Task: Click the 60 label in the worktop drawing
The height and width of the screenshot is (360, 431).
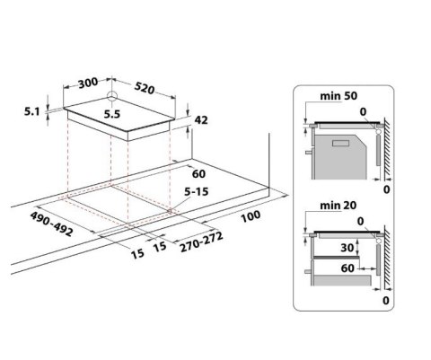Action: [x=199, y=173]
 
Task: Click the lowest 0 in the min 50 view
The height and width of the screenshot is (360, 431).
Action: [x=386, y=189]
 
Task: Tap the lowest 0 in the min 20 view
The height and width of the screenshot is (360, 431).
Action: [x=386, y=303]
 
